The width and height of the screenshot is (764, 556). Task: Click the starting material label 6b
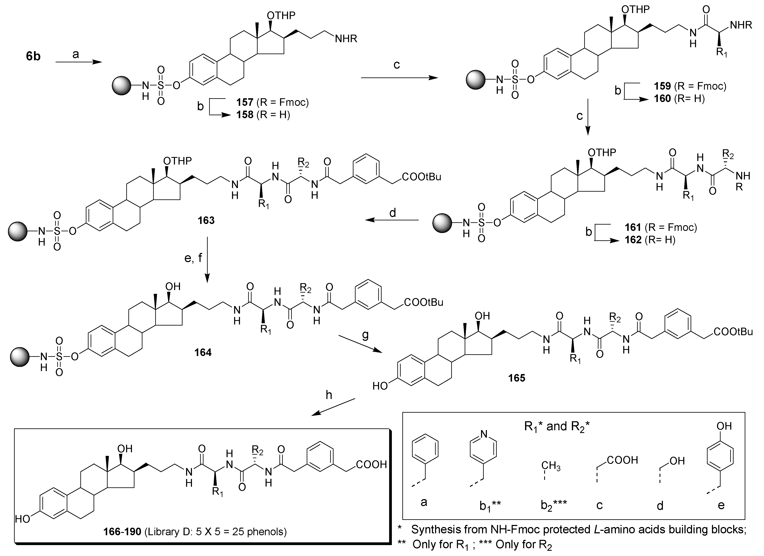click(x=33, y=56)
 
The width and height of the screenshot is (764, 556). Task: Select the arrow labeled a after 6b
click(x=78, y=62)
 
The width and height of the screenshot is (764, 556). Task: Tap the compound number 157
click(x=245, y=102)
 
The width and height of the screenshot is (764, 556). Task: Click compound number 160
click(x=662, y=99)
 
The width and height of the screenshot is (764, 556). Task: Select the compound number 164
click(x=203, y=352)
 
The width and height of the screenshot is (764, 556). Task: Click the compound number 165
click(x=517, y=378)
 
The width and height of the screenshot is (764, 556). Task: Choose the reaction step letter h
click(x=329, y=395)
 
